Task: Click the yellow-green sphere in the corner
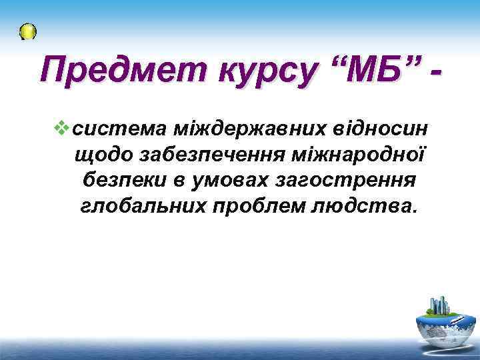point(28,31)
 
